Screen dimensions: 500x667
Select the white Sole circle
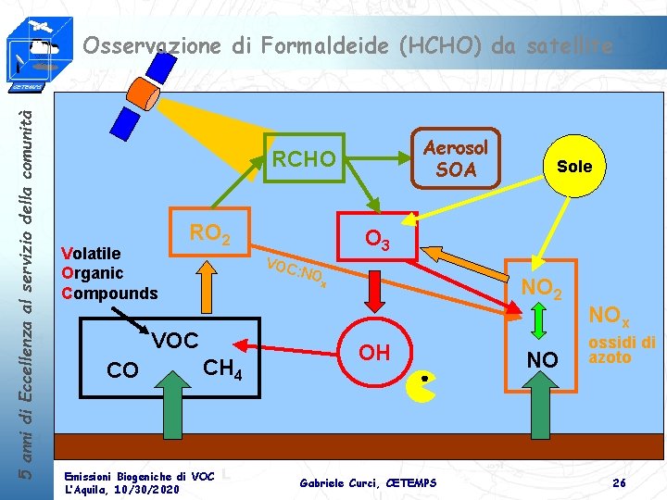point(573,167)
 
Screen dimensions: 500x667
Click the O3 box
point(376,240)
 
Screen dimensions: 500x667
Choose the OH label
point(374,352)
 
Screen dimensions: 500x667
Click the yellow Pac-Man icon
point(421,386)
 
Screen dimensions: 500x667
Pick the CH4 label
point(222,369)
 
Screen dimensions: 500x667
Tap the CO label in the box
point(123,370)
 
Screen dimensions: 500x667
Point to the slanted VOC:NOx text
point(296,271)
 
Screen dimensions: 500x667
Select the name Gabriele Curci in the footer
point(337,481)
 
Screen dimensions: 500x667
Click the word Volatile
point(91,253)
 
